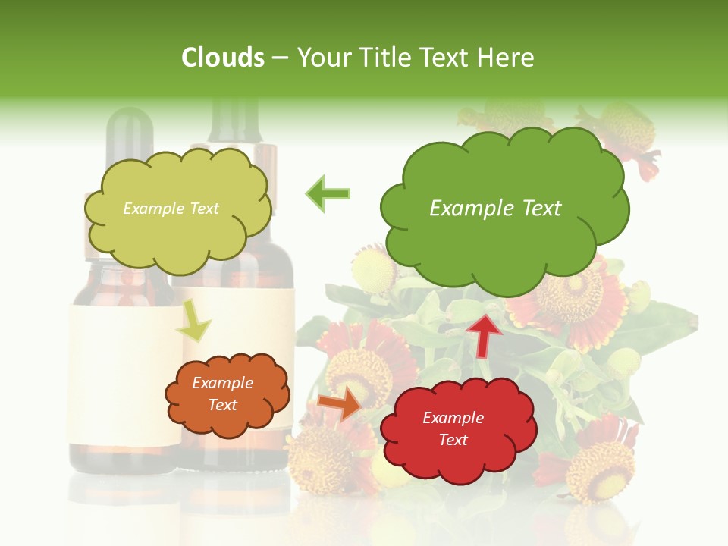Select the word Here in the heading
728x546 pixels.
click(507, 58)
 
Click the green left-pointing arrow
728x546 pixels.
click(328, 193)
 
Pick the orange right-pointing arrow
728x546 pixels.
click(339, 403)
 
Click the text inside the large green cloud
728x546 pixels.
click(495, 208)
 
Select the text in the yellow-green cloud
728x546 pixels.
click(171, 209)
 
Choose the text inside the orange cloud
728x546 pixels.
click(223, 394)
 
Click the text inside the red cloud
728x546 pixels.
click(453, 428)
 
